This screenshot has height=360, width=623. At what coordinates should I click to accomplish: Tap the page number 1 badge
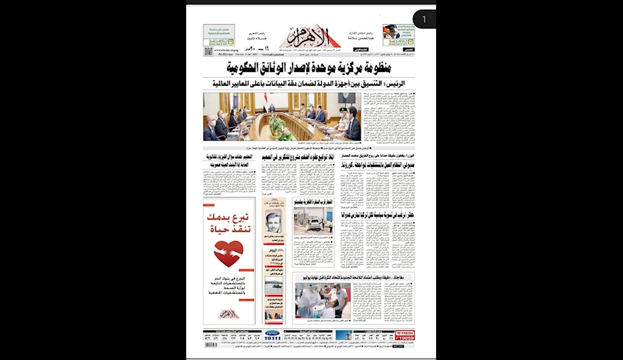click(x=424, y=19)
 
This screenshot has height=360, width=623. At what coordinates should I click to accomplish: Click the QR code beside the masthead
click(x=208, y=51)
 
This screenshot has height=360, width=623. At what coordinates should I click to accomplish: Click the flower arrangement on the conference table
click(x=277, y=125)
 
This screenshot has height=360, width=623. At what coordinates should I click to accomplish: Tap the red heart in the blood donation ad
click(x=228, y=253)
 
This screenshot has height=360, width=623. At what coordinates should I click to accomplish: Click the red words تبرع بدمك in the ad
click(x=229, y=219)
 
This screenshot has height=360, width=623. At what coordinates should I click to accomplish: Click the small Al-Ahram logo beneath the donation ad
click(x=229, y=313)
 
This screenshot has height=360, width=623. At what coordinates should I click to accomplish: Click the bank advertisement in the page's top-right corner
click(x=399, y=35)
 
